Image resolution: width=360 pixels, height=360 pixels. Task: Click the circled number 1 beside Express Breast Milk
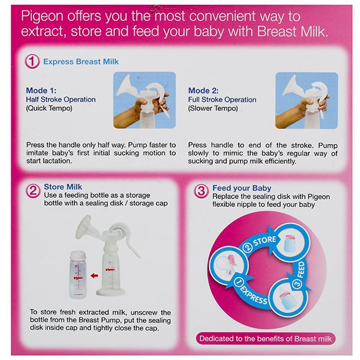32,61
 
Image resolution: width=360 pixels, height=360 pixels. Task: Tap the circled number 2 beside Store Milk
32,191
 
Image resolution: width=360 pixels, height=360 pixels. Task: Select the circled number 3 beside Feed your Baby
201,191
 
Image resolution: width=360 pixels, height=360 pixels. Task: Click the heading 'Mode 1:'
41,91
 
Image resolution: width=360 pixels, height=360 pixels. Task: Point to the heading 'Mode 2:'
203,91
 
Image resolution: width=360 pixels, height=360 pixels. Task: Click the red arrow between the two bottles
94,275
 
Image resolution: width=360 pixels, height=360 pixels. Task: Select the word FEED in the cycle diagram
301,269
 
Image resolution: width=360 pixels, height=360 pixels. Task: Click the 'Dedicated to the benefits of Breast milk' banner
266,338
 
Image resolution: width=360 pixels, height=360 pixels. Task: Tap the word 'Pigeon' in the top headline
42,17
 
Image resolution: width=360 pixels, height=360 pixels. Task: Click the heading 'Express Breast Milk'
81,62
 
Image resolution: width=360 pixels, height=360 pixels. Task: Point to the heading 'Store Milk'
63,187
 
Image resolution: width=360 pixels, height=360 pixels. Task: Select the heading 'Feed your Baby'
242,188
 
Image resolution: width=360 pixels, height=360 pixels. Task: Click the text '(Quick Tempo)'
49,108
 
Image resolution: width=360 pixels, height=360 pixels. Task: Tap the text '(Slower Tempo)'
213,108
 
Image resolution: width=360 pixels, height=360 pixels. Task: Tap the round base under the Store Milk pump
110,292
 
